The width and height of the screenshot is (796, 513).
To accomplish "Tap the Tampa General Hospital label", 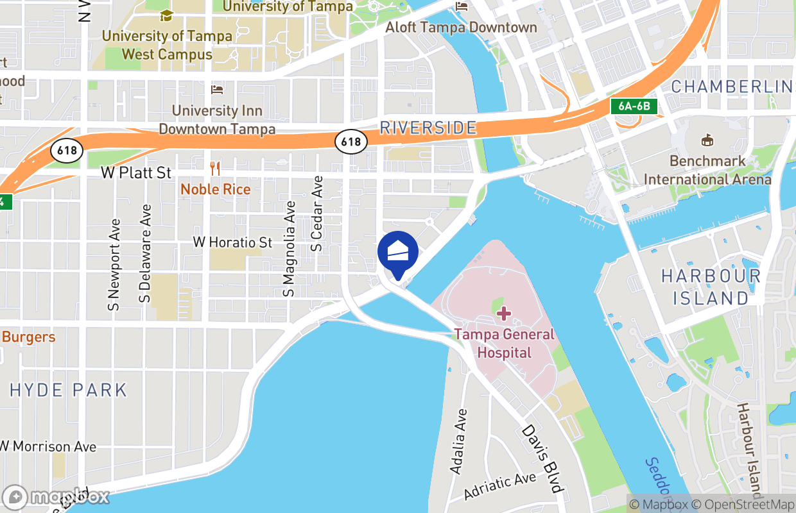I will (x=504, y=344).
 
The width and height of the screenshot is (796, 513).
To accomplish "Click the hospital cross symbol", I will (x=504, y=314).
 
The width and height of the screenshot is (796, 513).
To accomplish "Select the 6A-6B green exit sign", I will (x=634, y=106).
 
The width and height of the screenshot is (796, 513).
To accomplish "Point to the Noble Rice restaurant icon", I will (x=215, y=169).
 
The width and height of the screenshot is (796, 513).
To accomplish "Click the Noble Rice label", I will (x=215, y=190).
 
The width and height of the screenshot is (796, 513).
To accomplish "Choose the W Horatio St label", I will (x=233, y=242).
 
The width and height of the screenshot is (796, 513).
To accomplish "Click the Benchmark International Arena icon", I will (x=707, y=139).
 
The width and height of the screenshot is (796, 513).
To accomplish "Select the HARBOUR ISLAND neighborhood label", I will (x=711, y=287).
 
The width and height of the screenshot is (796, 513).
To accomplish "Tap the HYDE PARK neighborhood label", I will (x=69, y=390).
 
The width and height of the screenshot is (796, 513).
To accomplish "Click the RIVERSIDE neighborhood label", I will (x=428, y=128).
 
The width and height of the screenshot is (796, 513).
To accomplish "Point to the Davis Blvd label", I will (x=542, y=458).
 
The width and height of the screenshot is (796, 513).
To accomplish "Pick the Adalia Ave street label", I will (x=460, y=442).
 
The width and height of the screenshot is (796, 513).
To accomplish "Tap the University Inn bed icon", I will (x=217, y=90).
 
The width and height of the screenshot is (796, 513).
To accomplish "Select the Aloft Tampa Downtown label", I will (x=461, y=28).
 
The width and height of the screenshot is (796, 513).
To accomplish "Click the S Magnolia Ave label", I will (x=290, y=249).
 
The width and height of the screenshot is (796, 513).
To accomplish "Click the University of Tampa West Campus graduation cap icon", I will (x=167, y=15).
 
